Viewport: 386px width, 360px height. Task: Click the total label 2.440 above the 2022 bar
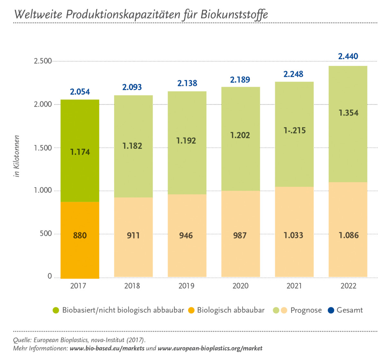click(348, 57)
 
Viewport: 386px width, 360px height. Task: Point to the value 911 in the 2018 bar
click(133, 236)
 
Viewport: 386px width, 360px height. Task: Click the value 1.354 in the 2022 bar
click(348, 113)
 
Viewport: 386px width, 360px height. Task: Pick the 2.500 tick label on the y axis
click(43, 61)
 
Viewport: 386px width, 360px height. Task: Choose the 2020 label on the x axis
click(240, 286)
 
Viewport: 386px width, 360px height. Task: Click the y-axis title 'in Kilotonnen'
click(17, 156)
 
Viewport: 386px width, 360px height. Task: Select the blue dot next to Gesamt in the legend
click(331, 310)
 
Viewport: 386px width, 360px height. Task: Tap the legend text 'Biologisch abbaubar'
click(231, 310)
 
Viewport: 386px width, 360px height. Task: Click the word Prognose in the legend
click(306, 310)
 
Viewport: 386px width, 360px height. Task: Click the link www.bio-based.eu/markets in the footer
click(107, 348)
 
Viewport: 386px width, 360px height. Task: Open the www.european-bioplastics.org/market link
click(210, 348)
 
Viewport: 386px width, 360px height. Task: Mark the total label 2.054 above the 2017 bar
click(80, 92)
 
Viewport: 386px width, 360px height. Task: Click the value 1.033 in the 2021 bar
click(293, 235)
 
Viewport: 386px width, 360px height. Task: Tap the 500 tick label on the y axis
click(46, 234)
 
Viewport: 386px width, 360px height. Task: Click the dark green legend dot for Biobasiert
click(56, 310)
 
